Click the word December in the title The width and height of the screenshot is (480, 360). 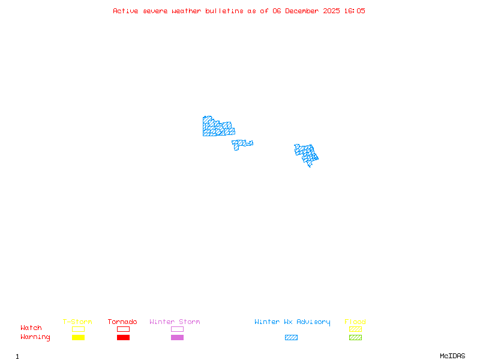pyautogui.click(x=305, y=11)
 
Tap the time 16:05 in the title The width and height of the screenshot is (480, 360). pyautogui.click(x=354, y=11)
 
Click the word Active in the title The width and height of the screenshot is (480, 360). pyautogui.click(x=125, y=11)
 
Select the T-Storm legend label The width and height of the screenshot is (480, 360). pyautogui.click(x=77, y=322)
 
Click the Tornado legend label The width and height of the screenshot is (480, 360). pyautogui.click(x=122, y=322)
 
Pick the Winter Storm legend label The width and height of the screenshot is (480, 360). pyautogui.click(x=175, y=322)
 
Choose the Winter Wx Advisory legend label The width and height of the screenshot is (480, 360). pyautogui.click(x=292, y=322)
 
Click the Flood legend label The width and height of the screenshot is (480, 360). pyautogui.click(x=355, y=322)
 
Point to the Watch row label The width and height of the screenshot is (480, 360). pyautogui.click(x=31, y=328)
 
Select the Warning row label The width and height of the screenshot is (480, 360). pyautogui.click(x=35, y=337)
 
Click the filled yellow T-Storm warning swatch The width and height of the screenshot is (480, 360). pyautogui.click(x=78, y=338)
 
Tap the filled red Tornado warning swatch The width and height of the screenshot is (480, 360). pyautogui.click(x=123, y=338)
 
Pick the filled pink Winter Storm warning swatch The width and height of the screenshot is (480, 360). pyautogui.click(x=177, y=338)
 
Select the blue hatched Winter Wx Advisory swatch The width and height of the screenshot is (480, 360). pyautogui.click(x=291, y=338)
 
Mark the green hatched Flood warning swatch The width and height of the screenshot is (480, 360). pyautogui.click(x=355, y=338)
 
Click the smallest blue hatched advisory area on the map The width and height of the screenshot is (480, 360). pyautogui.click(x=241, y=144)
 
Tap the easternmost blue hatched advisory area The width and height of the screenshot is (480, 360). pyautogui.click(x=307, y=154)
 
